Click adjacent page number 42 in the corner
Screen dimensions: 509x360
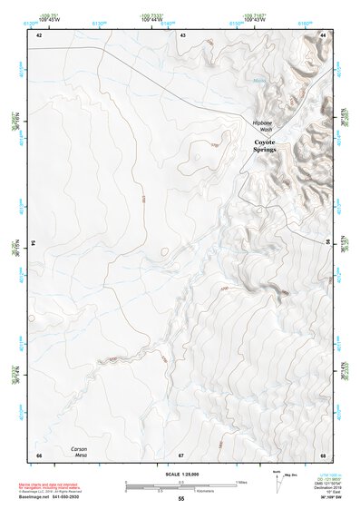tap(39, 34)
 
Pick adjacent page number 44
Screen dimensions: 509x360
tap(323, 34)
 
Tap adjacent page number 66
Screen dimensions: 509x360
tap(39, 455)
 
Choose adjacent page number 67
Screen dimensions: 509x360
tap(181, 455)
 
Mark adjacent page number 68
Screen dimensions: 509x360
tap(323, 455)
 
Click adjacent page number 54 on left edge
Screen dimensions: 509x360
tap(34, 244)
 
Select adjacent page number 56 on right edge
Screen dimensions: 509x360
tap(327, 244)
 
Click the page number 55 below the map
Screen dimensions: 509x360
tap(181, 499)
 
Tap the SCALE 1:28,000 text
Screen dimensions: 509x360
tap(180, 474)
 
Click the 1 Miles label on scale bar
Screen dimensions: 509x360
tap(240, 481)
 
